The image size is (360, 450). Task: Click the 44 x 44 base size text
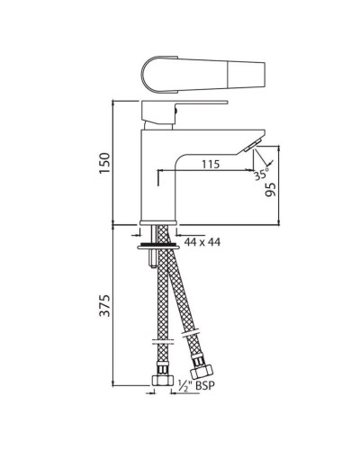203,241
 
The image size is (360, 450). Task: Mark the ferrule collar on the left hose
159,346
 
